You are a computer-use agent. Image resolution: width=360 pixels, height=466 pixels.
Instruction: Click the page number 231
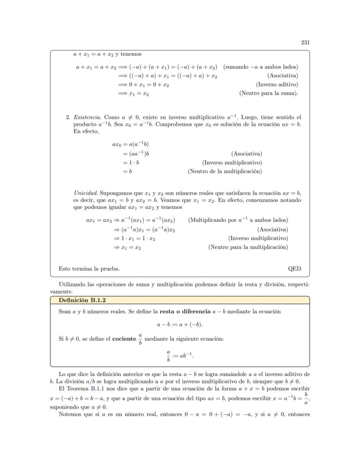(305, 42)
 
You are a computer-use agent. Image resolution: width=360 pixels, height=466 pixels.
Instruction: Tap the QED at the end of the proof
(294, 268)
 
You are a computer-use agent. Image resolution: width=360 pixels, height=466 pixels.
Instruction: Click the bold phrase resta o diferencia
(185, 312)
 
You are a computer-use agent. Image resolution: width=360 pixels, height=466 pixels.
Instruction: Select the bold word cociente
(124, 339)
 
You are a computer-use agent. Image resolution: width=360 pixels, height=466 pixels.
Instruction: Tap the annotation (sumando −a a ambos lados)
(260, 67)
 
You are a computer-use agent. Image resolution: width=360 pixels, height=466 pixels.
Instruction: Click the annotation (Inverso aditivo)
(277, 84)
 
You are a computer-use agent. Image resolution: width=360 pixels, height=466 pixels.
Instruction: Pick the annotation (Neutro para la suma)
(269, 93)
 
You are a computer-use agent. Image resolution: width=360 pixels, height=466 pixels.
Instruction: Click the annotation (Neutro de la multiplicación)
(225, 171)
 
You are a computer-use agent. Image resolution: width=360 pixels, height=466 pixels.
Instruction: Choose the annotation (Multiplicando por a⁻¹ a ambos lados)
(238, 220)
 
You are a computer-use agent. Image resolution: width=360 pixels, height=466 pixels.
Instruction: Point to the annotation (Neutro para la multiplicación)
(248, 247)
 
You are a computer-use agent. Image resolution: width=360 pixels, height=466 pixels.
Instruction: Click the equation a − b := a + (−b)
(180, 325)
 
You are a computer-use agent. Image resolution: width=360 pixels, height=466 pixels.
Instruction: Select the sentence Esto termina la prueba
(89, 268)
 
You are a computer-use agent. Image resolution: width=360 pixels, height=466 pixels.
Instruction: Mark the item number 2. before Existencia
(68, 117)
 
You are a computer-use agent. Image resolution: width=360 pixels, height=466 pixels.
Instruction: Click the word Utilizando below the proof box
(73, 284)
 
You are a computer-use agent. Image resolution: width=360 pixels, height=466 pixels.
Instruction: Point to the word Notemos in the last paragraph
(70, 414)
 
